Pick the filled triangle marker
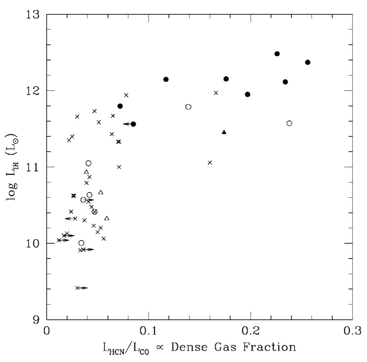click(x=224, y=132)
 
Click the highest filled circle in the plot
click(x=277, y=54)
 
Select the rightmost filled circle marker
click(x=308, y=62)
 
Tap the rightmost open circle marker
click(x=289, y=123)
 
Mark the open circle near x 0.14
click(x=188, y=107)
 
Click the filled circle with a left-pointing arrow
click(x=133, y=124)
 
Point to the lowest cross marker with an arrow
click(x=77, y=288)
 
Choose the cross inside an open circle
click(x=95, y=212)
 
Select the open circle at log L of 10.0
click(x=81, y=243)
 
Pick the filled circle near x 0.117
click(x=166, y=79)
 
